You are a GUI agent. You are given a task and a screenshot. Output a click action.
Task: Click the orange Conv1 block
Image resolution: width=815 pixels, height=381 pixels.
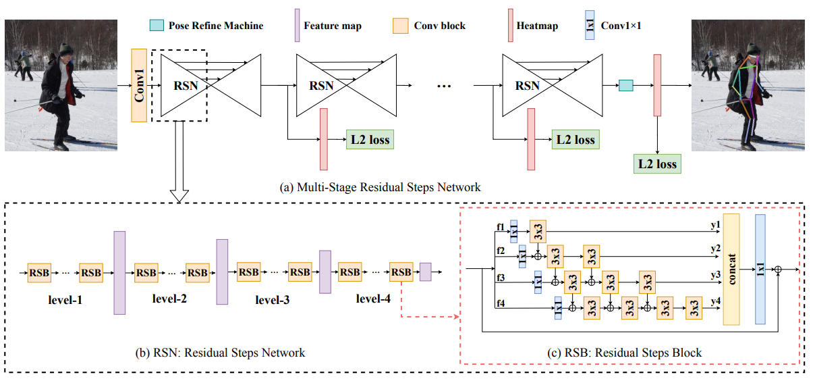tap(139, 85)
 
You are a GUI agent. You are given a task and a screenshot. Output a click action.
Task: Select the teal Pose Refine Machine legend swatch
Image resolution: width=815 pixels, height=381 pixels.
tap(157, 26)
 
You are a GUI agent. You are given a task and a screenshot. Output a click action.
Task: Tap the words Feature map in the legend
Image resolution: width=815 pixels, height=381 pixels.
tap(332, 26)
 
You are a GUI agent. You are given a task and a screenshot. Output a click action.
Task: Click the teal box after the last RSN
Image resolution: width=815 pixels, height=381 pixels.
tap(626, 85)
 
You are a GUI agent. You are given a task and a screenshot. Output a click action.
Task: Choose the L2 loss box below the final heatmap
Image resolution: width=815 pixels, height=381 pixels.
tap(656, 163)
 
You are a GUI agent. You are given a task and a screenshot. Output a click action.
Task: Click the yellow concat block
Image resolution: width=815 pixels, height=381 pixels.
tap(731, 269)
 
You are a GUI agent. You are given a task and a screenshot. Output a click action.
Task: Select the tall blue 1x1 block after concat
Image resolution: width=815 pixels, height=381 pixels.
tap(760, 269)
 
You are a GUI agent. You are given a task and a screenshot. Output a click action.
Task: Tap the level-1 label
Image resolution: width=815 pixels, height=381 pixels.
tap(65, 298)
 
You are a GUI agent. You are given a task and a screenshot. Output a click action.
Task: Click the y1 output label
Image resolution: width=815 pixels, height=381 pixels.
tap(715, 224)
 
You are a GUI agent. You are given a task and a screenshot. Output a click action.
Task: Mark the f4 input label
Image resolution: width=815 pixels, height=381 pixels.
tap(500, 303)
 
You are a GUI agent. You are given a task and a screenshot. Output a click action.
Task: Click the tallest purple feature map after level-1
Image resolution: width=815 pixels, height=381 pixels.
tap(119, 272)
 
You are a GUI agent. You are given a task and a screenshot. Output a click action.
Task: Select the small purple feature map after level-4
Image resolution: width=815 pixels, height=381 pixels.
tap(425, 272)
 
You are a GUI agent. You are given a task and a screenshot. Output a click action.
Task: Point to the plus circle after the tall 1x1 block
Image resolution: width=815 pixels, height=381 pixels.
tap(778, 269)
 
